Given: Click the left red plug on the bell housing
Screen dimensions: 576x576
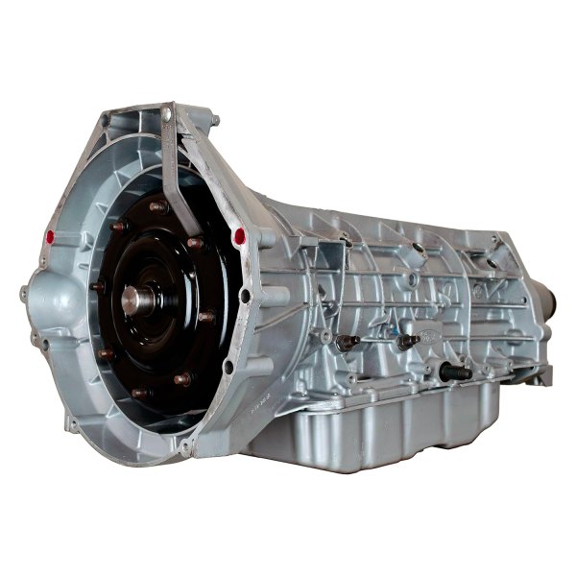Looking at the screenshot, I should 49,235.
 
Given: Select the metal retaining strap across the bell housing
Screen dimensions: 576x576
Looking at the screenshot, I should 173,182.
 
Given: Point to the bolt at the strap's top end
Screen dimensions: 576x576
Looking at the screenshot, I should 169,115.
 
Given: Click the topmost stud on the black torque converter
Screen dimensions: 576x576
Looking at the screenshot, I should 158,205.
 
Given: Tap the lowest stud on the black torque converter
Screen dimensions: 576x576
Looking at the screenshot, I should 140,392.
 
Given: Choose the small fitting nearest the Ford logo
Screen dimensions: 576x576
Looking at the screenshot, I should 407,341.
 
